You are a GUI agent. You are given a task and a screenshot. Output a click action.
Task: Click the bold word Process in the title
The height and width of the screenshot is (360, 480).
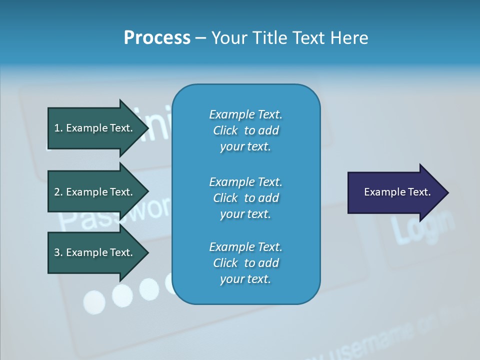(157, 38)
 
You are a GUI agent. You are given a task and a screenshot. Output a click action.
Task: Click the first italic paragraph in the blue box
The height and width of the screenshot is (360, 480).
(245, 130)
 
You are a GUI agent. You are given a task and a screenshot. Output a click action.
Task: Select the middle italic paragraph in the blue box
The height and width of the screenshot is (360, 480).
(245, 198)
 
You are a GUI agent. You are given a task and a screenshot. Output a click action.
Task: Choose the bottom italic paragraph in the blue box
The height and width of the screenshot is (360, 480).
(245, 263)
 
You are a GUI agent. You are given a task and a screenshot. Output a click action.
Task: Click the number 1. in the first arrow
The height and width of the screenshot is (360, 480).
(58, 128)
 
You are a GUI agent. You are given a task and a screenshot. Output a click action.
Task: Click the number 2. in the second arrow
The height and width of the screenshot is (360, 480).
(58, 192)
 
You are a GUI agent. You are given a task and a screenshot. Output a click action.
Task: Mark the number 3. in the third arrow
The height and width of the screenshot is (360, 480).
(58, 252)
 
